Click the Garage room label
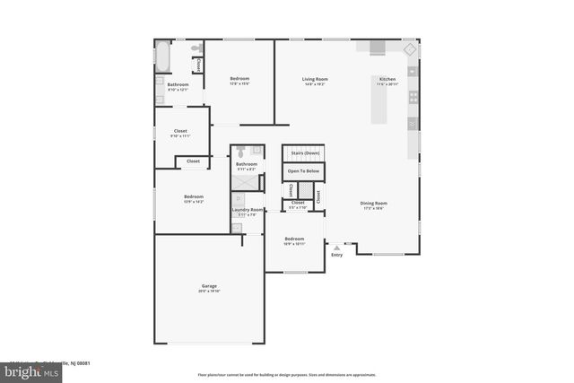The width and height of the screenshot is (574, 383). click(210, 286)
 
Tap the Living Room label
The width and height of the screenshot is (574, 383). click(315, 79)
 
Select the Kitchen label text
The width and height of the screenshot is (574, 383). click(387, 79)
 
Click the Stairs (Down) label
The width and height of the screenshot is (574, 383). click(303, 153)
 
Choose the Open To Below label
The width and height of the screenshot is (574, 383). click(303, 170)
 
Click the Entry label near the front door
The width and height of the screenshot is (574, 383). click(336, 255)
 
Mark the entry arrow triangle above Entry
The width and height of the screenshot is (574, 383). click(336, 247)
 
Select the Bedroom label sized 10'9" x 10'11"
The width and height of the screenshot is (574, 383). click(294, 239)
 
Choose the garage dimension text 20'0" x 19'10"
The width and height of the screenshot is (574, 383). click(210, 292)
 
